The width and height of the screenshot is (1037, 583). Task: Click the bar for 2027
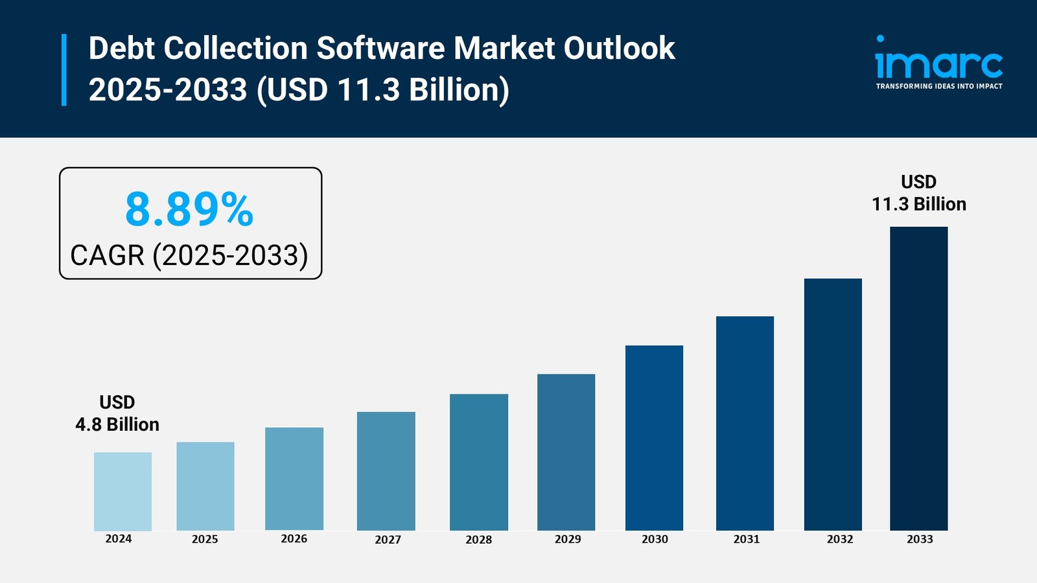click(386, 471)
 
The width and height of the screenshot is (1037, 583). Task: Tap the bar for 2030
click(654, 438)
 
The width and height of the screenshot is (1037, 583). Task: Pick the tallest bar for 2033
click(918, 378)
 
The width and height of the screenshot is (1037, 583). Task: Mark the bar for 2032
click(833, 404)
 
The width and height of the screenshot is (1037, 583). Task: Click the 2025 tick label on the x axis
click(205, 539)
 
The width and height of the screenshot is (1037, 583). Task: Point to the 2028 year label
click(478, 540)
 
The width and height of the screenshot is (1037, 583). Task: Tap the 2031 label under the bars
click(746, 539)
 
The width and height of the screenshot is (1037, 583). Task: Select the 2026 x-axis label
click(294, 539)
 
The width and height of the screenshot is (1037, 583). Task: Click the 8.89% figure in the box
click(189, 210)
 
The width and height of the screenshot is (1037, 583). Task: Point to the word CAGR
click(107, 255)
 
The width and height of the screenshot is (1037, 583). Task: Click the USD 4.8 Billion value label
click(117, 413)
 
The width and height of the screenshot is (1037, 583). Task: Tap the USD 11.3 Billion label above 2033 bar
click(918, 193)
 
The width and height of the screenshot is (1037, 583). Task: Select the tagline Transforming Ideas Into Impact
click(938, 86)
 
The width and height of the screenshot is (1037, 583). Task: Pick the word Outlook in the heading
click(619, 49)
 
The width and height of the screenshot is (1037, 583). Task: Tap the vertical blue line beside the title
click(64, 69)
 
